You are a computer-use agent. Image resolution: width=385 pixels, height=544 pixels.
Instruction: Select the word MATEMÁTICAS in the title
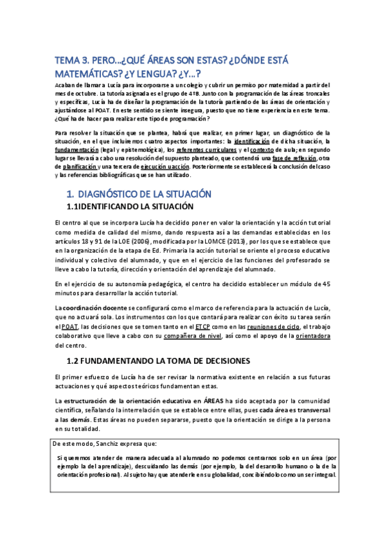89,73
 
